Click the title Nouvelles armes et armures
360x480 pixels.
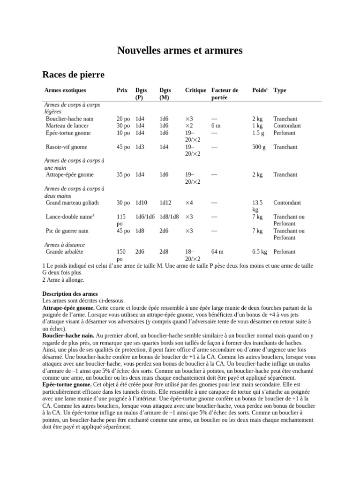pyautogui.click(x=180, y=51)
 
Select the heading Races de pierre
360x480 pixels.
pyautogui.click(x=73, y=75)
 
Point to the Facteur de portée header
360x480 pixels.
pyautogui.click(x=225, y=93)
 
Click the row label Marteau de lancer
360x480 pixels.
pyautogui.click(x=67, y=126)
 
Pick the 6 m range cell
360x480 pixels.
pyautogui.click(x=216, y=126)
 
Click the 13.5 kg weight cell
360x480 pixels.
pyautogui.click(x=259, y=206)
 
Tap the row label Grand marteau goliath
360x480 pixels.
pyautogui.click(x=72, y=202)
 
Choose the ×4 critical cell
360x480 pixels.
pyautogui.click(x=189, y=202)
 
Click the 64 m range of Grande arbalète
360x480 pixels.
pyautogui.click(x=217, y=252)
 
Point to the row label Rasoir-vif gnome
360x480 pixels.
pyautogui.click(x=66, y=147)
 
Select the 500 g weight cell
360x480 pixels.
pyautogui.click(x=259, y=147)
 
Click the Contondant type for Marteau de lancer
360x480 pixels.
pyautogui.click(x=287, y=126)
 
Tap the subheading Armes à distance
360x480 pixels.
pyautogui.click(x=65, y=245)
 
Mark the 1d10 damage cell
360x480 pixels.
pyautogui.click(x=141, y=202)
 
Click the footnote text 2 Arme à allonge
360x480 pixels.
pyautogui.click(x=64, y=280)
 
